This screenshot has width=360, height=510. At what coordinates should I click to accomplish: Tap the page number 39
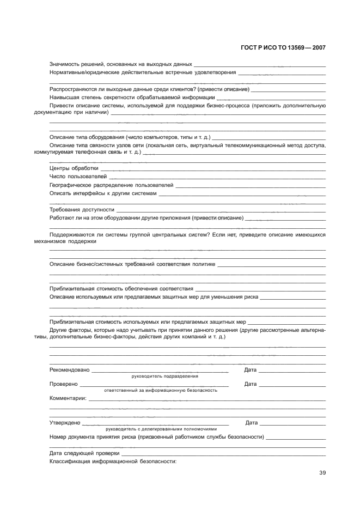(322, 472)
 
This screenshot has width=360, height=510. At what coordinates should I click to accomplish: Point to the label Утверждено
(65, 422)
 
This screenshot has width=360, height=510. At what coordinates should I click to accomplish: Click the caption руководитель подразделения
(165, 376)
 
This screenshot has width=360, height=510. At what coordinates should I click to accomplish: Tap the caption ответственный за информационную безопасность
(161, 391)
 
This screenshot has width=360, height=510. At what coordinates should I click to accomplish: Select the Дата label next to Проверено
(251, 384)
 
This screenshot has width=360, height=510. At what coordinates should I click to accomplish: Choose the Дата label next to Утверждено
(252, 422)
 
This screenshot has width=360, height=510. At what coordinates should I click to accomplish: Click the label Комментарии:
(68, 399)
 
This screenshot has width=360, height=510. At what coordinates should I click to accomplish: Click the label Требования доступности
(82, 209)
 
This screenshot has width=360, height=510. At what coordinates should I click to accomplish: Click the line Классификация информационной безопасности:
(113, 461)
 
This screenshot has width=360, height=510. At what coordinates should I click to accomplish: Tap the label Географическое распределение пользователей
(111, 185)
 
